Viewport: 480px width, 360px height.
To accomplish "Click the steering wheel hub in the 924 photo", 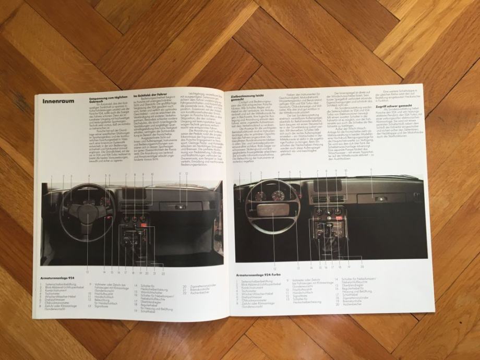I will tap(88, 213).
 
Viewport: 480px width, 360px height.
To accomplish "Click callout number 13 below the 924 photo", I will tap(87, 272).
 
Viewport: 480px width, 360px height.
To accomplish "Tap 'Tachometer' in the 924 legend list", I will tap(55, 294).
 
